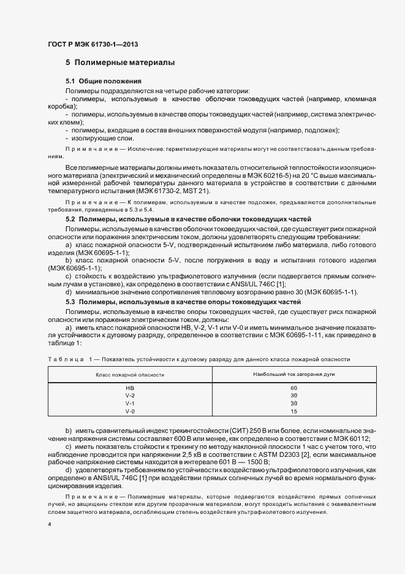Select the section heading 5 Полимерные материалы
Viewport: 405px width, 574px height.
pos(120,63)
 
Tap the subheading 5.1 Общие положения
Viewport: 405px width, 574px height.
pos(104,81)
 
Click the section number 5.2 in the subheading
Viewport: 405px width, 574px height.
pos(70,219)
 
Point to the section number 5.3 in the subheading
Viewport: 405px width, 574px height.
pos(70,302)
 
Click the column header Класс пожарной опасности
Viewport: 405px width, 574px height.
pos(130,374)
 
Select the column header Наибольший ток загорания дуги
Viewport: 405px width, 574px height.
pos(293,374)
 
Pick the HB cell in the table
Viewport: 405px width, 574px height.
pos(130,388)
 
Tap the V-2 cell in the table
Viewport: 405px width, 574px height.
pos(130,396)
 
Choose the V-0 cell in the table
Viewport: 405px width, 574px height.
pos(130,411)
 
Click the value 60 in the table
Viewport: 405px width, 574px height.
pos(293,388)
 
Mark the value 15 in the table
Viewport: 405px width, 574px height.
pos(293,411)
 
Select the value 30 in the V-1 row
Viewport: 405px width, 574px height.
pos(293,404)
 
